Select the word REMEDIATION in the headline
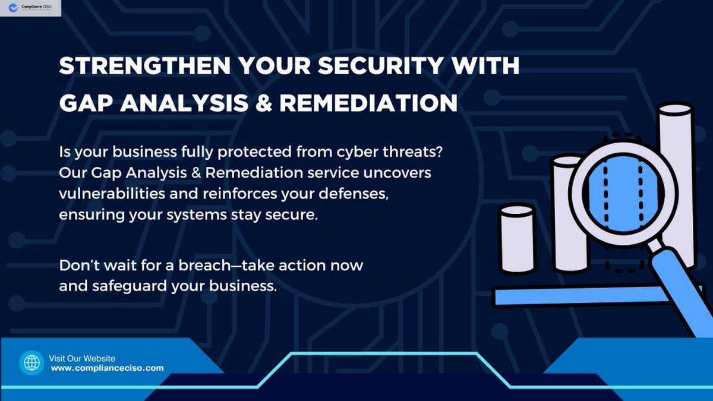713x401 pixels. [x=368, y=103]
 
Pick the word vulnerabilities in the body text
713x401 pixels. [x=111, y=194]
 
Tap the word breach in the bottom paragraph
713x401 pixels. [x=216, y=265]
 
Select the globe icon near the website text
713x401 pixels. [x=31, y=362]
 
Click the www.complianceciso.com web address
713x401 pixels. [x=107, y=368]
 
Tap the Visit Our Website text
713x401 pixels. [x=82, y=358]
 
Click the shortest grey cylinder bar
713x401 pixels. [x=518, y=241]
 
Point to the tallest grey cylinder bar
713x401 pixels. [x=676, y=178]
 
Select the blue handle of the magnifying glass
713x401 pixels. [x=683, y=285]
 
